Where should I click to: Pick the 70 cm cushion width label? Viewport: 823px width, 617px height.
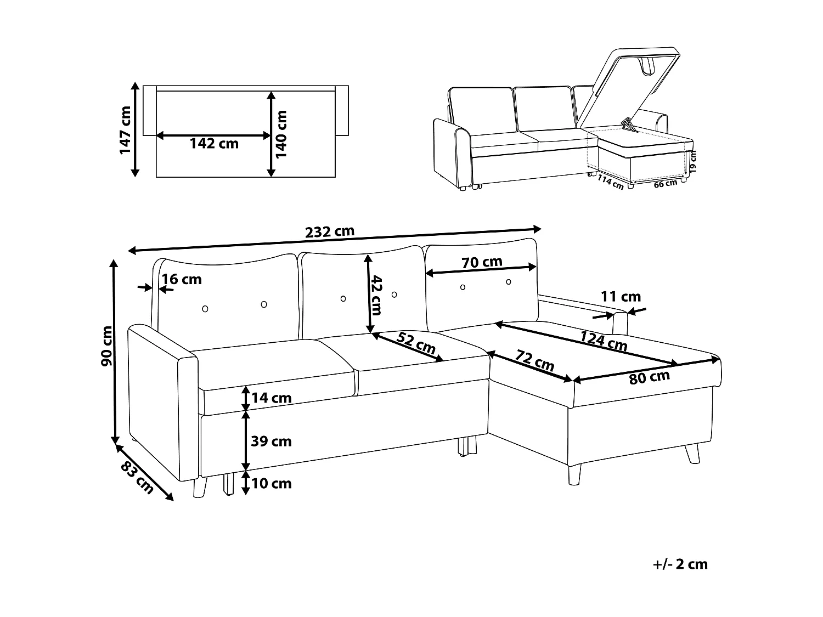(482, 262)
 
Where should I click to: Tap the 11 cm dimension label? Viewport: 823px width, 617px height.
(621, 297)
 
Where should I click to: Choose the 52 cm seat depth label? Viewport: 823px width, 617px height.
(416, 343)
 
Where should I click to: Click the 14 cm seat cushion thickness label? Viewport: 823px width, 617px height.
(271, 398)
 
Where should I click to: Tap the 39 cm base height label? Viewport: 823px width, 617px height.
(271, 441)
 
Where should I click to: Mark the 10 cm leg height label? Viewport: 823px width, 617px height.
(271, 483)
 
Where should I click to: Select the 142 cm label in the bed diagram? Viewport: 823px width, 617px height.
(214, 144)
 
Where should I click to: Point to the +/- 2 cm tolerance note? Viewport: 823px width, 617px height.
(680, 564)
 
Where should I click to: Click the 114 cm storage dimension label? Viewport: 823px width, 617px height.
(610, 181)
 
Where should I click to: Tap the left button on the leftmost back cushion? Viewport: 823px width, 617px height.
(205, 309)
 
